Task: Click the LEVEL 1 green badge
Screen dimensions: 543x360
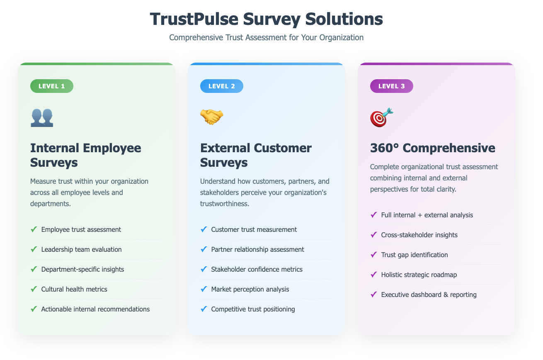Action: coord(52,86)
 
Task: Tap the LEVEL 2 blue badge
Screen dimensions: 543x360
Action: coord(222,86)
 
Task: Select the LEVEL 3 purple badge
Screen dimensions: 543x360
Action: coord(392,86)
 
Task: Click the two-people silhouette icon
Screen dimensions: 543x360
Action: coord(42,117)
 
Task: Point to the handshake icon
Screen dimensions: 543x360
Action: coord(212,117)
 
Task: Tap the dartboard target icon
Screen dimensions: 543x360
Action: coord(381,117)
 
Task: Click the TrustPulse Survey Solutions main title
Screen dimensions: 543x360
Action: coord(266,19)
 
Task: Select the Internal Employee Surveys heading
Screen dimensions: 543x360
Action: coord(86,155)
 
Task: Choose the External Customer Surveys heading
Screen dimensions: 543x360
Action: coord(256,155)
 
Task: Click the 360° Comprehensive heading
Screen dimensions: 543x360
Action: coord(432,148)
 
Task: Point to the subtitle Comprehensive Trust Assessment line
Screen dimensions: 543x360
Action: coord(266,37)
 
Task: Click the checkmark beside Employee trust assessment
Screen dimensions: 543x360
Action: coord(34,229)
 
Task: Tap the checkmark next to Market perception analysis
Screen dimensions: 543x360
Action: coord(204,289)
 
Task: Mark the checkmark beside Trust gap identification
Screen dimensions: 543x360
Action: coord(374,255)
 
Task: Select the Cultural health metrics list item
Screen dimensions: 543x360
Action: coord(74,289)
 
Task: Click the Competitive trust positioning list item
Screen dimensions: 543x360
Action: coord(253,309)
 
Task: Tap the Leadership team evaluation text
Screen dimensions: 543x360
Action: coord(81,249)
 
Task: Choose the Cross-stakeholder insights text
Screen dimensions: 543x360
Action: coord(419,235)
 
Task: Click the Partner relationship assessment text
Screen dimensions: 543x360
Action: coord(257,249)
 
